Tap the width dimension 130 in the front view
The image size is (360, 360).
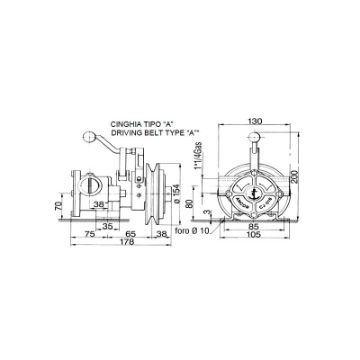(258, 116)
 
